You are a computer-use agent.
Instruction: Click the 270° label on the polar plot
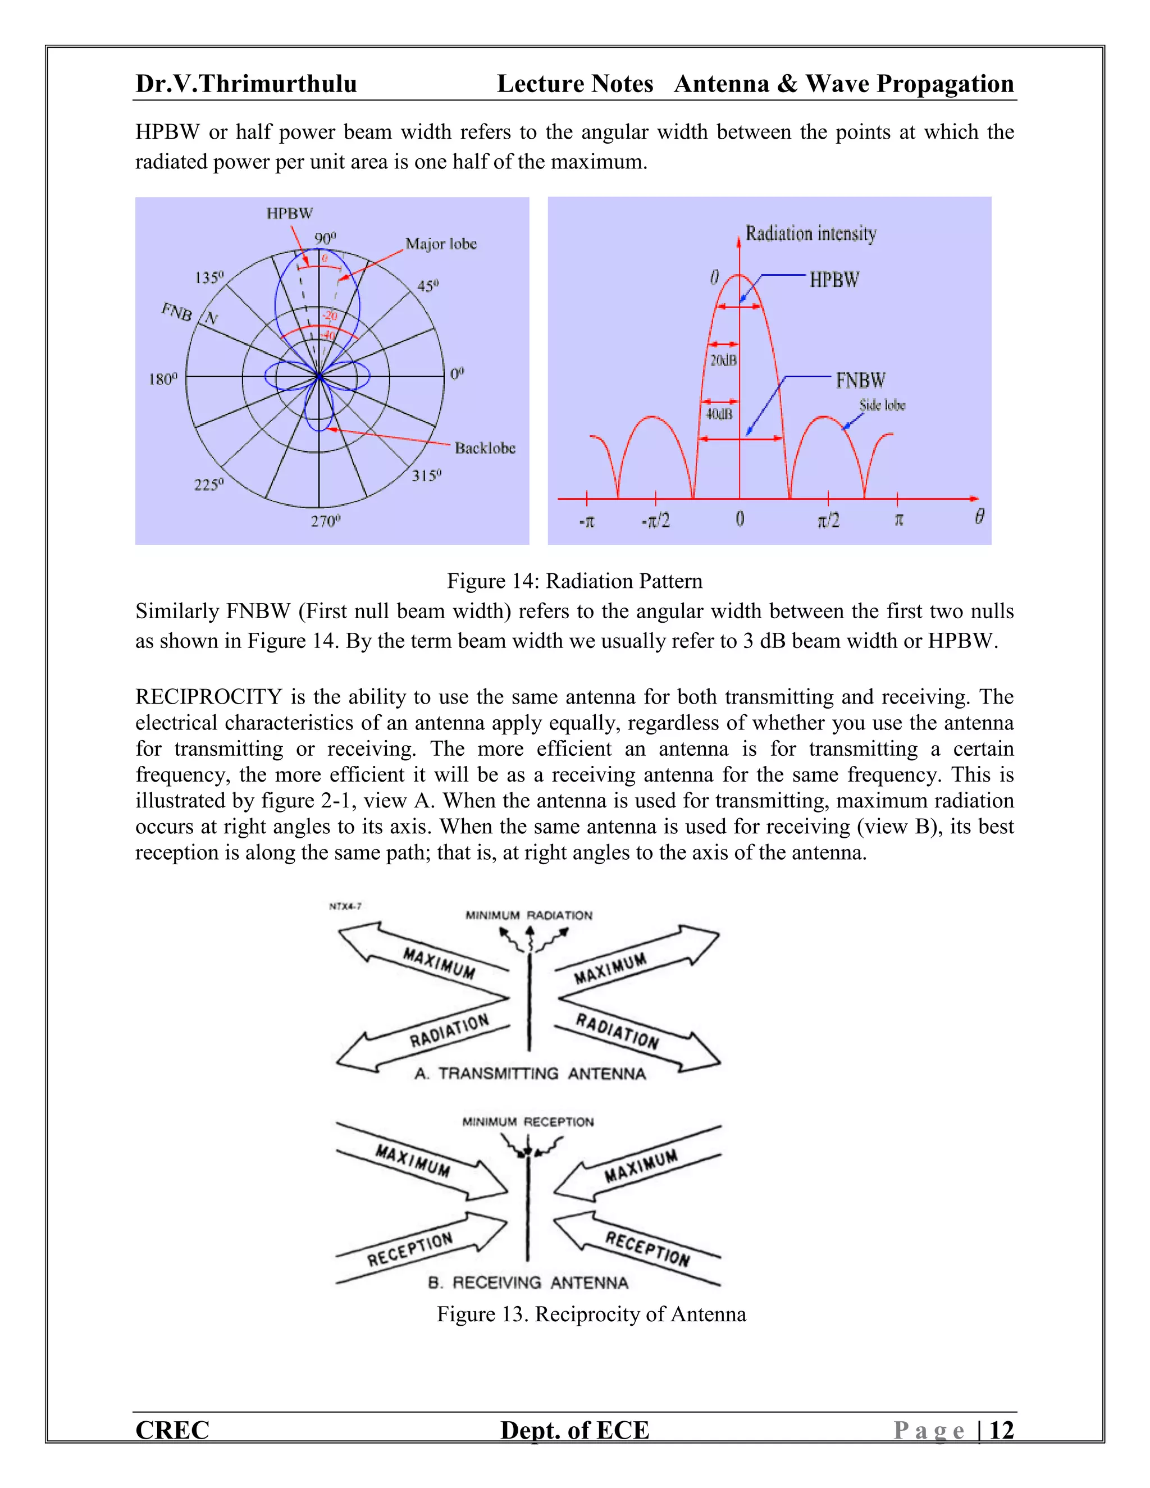click(325, 521)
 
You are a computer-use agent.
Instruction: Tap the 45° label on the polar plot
click(428, 285)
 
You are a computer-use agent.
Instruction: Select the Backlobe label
click(485, 448)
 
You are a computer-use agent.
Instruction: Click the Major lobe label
click(441, 244)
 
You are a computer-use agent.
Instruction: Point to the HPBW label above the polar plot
click(290, 213)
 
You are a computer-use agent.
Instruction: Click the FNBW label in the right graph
click(860, 380)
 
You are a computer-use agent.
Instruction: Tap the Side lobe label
click(882, 405)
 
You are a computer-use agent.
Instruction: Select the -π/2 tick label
click(655, 521)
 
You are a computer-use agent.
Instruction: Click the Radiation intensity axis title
click(811, 234)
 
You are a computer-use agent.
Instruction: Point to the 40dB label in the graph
click(719, 414)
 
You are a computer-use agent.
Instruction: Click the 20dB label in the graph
click(723, 360)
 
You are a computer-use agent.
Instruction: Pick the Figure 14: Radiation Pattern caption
click(574, 581)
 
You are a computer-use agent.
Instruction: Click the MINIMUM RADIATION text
click(528, 915)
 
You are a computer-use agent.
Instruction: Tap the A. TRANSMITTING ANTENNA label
click(530, 1074)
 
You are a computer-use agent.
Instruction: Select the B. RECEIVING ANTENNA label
click(528, 1283)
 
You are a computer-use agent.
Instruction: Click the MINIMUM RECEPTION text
click(528, 1121)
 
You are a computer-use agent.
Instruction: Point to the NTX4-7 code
click(345, 906)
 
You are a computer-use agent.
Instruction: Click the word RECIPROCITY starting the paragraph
click(208, 697)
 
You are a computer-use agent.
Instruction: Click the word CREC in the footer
click(172, 1430)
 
